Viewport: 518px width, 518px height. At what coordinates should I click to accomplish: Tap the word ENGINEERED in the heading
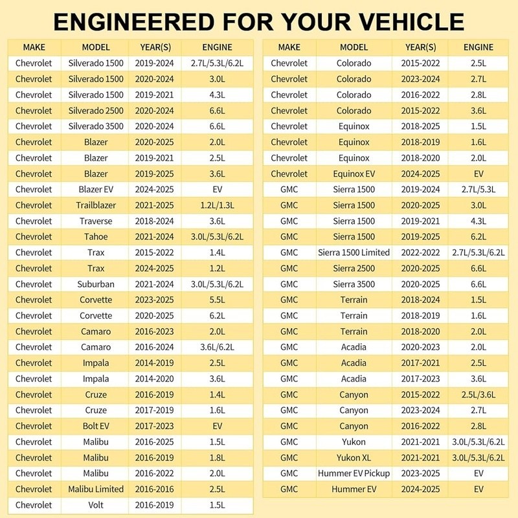tap(134, 22)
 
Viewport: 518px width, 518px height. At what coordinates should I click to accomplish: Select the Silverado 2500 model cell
tap(96, 111)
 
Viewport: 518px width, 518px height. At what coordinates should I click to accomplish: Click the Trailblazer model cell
tap(96, 205)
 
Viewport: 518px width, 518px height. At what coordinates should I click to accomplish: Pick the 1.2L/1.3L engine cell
tap(217, 205)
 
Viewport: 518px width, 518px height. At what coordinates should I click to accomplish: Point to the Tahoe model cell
tap(96, 236)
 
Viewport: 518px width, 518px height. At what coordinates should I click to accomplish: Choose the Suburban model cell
tap(96, 284)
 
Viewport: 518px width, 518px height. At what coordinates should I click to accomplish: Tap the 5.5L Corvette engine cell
tap(217, 300)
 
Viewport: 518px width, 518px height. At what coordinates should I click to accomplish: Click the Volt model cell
tap(96, 505)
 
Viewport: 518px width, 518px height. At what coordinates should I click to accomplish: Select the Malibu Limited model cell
tap(96, 489)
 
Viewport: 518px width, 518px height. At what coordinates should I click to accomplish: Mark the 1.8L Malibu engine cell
tap(217, 458)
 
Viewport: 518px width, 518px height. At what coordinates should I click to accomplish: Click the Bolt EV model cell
tap(96, 426)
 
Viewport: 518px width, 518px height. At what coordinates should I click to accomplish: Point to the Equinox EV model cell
tap(354, 174)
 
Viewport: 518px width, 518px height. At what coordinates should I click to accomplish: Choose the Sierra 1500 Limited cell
tap(354, 253)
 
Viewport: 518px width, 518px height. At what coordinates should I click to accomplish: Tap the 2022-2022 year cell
tap(420, 253)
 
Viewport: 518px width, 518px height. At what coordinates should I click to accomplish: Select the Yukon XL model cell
tap(354, 458)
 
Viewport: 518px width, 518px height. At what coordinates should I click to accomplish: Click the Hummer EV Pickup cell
tap(354, 473)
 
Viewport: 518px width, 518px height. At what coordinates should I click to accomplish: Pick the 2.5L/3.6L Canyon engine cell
tap(479, 394)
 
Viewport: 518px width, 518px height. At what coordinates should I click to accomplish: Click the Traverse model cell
tap(96, 221)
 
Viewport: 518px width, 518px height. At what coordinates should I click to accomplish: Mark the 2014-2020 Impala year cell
tap(154, 379)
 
